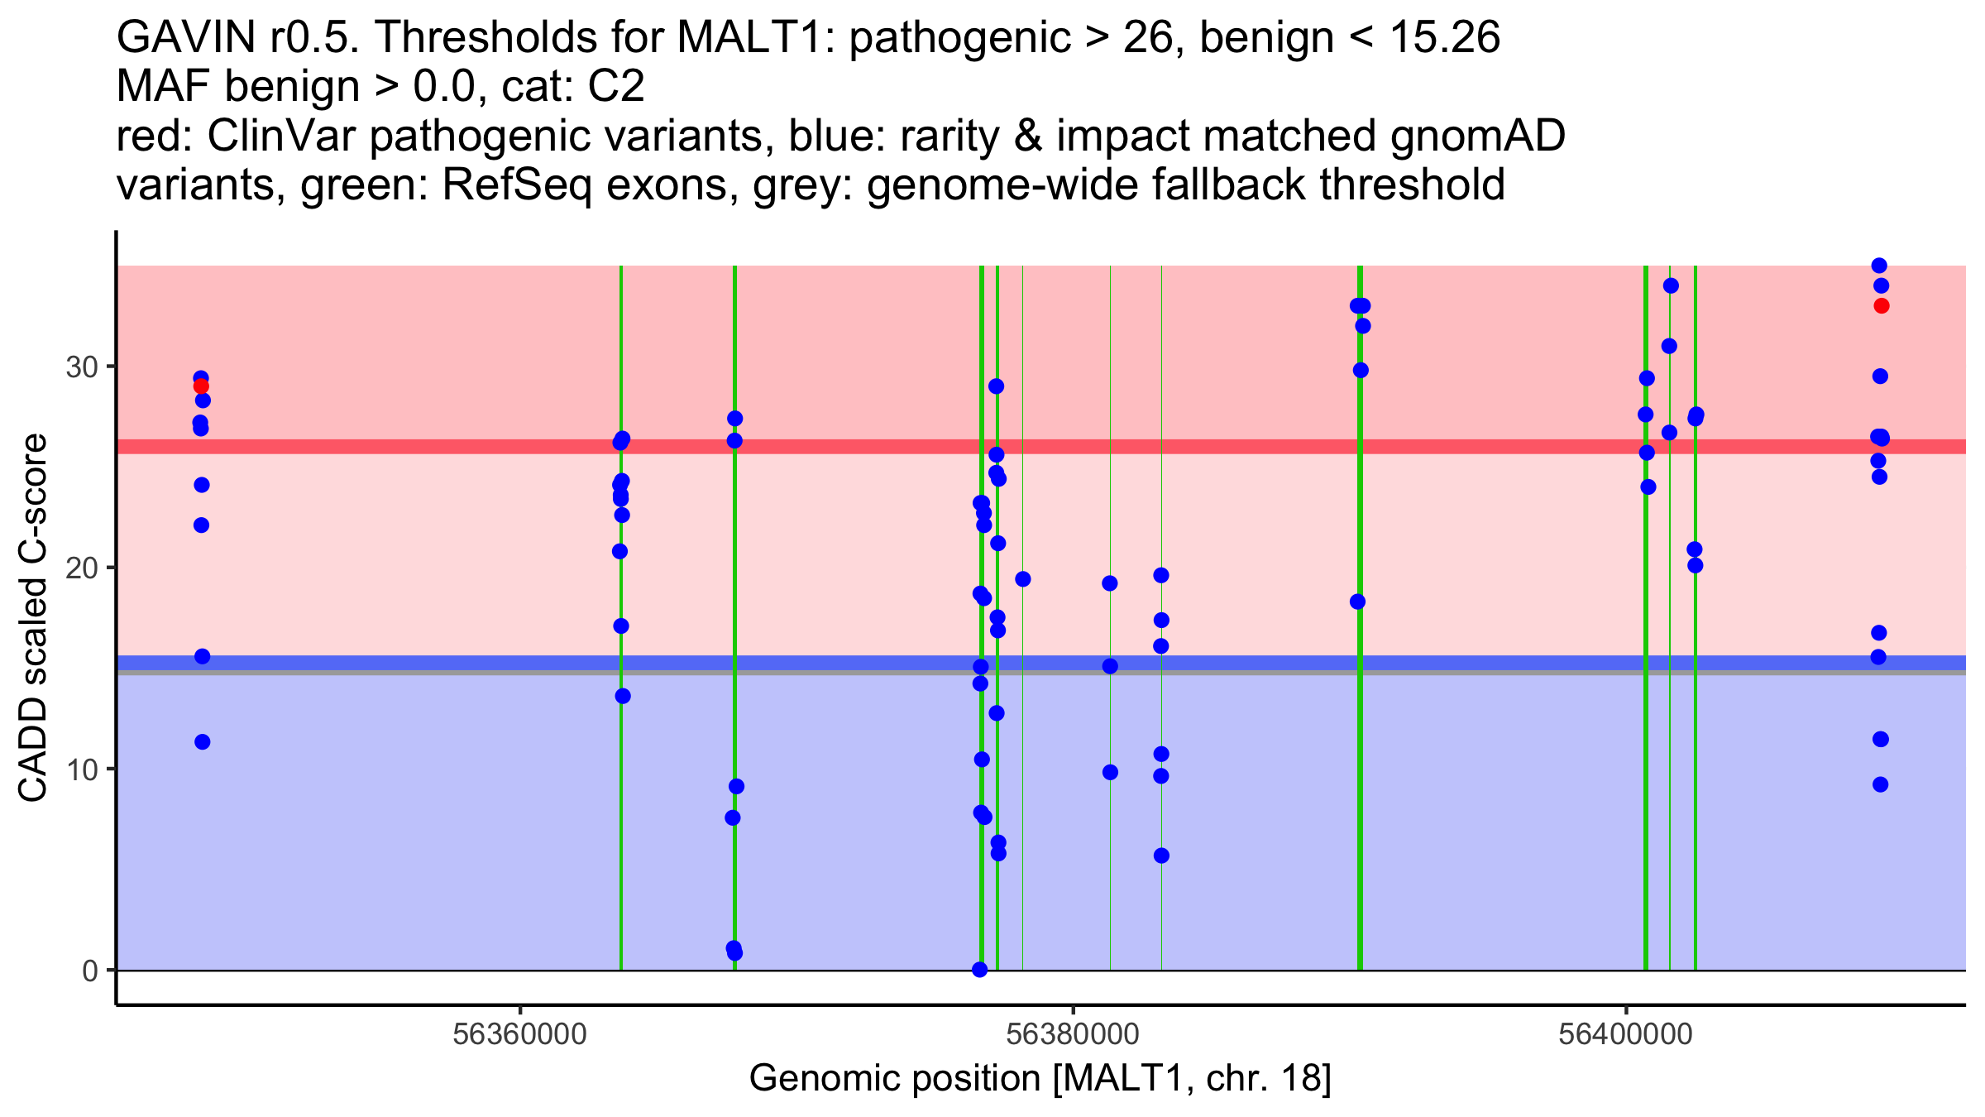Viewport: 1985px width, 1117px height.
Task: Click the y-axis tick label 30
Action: tap(81, 367)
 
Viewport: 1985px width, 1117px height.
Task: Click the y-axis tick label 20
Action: tap(81, 568)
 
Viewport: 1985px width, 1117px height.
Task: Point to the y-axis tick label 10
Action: tap(81, 769)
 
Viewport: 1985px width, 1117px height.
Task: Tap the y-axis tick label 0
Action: tap(90, 971)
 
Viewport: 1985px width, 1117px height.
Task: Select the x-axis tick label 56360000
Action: tap(520, 1035)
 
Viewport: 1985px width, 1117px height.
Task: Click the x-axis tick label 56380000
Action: tap(1073, 1035)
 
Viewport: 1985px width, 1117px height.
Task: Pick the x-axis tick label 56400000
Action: tap(1626, 1035)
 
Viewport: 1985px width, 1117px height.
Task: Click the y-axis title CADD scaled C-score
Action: tap(33, 618)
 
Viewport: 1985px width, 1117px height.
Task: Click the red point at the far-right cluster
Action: tap(1882, 306)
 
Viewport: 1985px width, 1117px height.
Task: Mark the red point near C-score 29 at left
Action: tap(201, 386)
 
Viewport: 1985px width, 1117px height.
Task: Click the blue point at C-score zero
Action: tap(980, 970)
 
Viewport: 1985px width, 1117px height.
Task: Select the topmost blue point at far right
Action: tap(1879, 266)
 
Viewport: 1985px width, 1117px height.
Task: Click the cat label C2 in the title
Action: tap(617, 87)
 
